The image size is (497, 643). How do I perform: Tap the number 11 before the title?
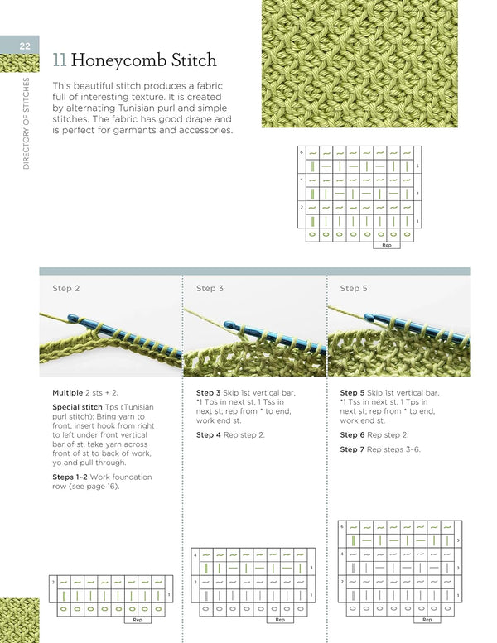click(59, 60)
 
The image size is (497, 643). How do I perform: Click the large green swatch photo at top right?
click(359, 64)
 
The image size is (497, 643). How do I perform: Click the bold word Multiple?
click(67, 393)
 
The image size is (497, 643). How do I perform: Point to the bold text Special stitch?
click(77, 407)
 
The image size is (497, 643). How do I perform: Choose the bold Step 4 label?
click(210, 435)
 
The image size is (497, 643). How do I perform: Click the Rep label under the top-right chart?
click(386, 245)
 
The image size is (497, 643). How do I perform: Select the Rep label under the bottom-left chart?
click(138, 619)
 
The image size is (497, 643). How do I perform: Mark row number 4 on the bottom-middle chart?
click(195, 553)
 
